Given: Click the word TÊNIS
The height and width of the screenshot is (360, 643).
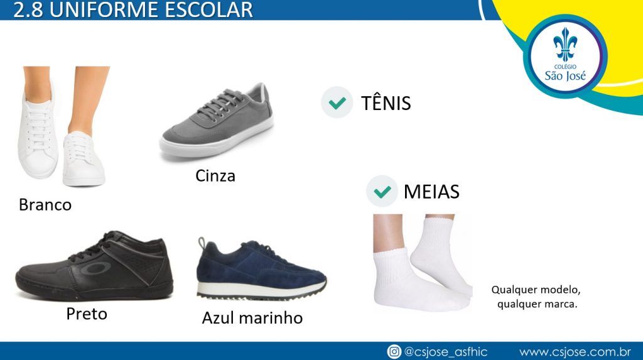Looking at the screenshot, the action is [386, 102].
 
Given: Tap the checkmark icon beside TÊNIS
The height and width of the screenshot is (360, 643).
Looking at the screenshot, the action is [337, 102].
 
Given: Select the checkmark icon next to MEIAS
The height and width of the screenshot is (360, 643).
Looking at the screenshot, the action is [382, 191].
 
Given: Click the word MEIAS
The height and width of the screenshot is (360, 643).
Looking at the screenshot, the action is [431, 192].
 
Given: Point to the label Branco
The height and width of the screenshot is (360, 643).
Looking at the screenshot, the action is [45, 205].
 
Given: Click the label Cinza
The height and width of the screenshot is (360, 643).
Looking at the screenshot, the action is [215, 176].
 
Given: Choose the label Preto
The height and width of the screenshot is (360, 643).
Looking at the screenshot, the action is [87, 314].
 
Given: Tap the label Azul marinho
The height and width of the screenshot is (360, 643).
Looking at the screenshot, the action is [252, 318].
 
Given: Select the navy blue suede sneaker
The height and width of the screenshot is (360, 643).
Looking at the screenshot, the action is [261, 269].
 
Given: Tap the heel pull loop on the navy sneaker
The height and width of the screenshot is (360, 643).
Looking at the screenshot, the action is [202, 243].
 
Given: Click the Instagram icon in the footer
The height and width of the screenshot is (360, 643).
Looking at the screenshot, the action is [394, 352].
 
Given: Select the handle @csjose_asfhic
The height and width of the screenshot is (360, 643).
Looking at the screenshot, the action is [446, 352].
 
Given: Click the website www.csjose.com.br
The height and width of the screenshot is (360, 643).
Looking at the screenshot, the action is [575, 352].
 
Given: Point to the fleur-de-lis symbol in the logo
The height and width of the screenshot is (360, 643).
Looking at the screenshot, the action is [565, 45].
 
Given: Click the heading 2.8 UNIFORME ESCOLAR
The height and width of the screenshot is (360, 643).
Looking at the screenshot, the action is [133, 10].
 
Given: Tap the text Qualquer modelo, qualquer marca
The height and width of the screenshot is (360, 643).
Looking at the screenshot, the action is [536, 297].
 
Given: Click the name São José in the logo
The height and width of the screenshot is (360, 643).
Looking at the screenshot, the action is [565, 75].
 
